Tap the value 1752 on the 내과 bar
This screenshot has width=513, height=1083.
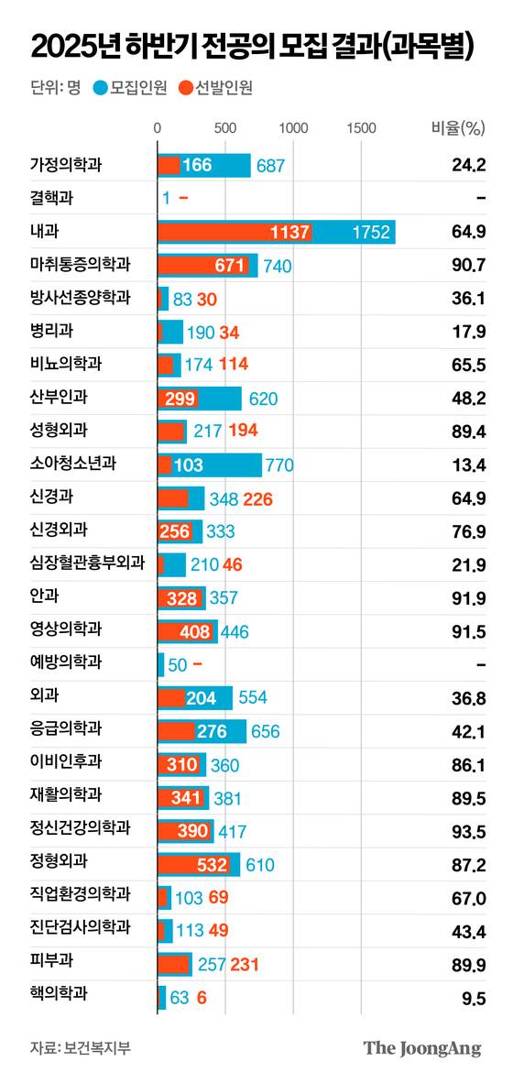371,233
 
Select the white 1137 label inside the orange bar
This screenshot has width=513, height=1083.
290,233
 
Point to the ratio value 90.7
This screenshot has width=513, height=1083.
467,265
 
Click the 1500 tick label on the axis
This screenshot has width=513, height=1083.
362,128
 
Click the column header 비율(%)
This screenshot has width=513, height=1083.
457,128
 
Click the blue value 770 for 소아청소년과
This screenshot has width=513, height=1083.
278,465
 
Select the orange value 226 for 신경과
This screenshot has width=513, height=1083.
256,498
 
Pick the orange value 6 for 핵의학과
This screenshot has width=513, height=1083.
201,997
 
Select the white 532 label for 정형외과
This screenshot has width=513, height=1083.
213,863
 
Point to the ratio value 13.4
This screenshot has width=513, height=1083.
467,464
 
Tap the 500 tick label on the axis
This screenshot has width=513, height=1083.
225,128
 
